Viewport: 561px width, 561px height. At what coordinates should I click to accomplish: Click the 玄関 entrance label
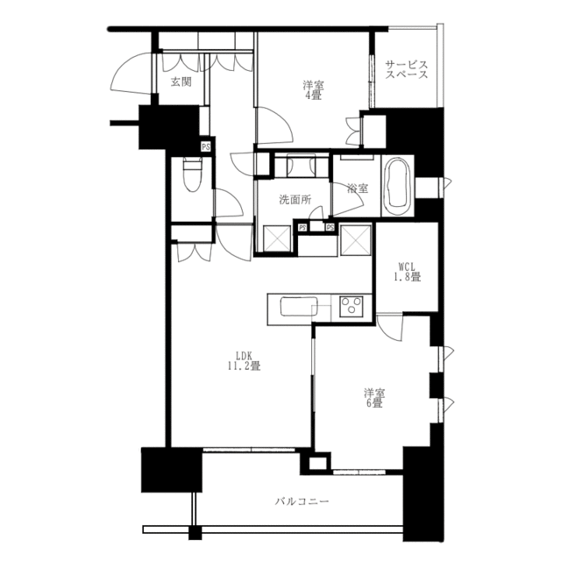tap(181, 82)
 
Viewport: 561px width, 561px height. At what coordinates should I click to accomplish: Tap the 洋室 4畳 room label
tap(314, 90)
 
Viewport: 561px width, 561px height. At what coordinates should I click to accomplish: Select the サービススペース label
tap(407, 70)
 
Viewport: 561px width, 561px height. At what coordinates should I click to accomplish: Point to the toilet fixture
tap(192, 175)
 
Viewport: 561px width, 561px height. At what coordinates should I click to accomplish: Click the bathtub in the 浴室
tap(398, 186)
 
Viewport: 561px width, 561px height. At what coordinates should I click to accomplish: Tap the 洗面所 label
tap(295, 200)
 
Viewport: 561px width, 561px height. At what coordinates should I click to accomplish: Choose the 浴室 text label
tap(358, 188)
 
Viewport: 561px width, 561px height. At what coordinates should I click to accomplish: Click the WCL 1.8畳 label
tap(407, 272)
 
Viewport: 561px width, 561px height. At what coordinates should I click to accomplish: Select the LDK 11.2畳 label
tap(244, 361)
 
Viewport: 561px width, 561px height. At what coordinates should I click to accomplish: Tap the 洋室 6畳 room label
tap(374, 398)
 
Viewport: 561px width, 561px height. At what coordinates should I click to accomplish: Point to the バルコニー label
tap(302, 501)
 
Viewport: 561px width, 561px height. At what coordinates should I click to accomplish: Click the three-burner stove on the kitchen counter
tap(352, 307)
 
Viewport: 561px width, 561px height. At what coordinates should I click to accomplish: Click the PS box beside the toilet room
tap(206, 146)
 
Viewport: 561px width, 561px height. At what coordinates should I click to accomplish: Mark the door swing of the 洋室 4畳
tap(274, 126)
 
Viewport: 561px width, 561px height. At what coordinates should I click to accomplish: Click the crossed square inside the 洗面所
tap(277, 239)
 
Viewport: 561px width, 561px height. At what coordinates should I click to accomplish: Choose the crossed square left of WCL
tap(356, 240)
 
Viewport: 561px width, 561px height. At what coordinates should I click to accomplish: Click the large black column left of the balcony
tap(172, 470)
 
